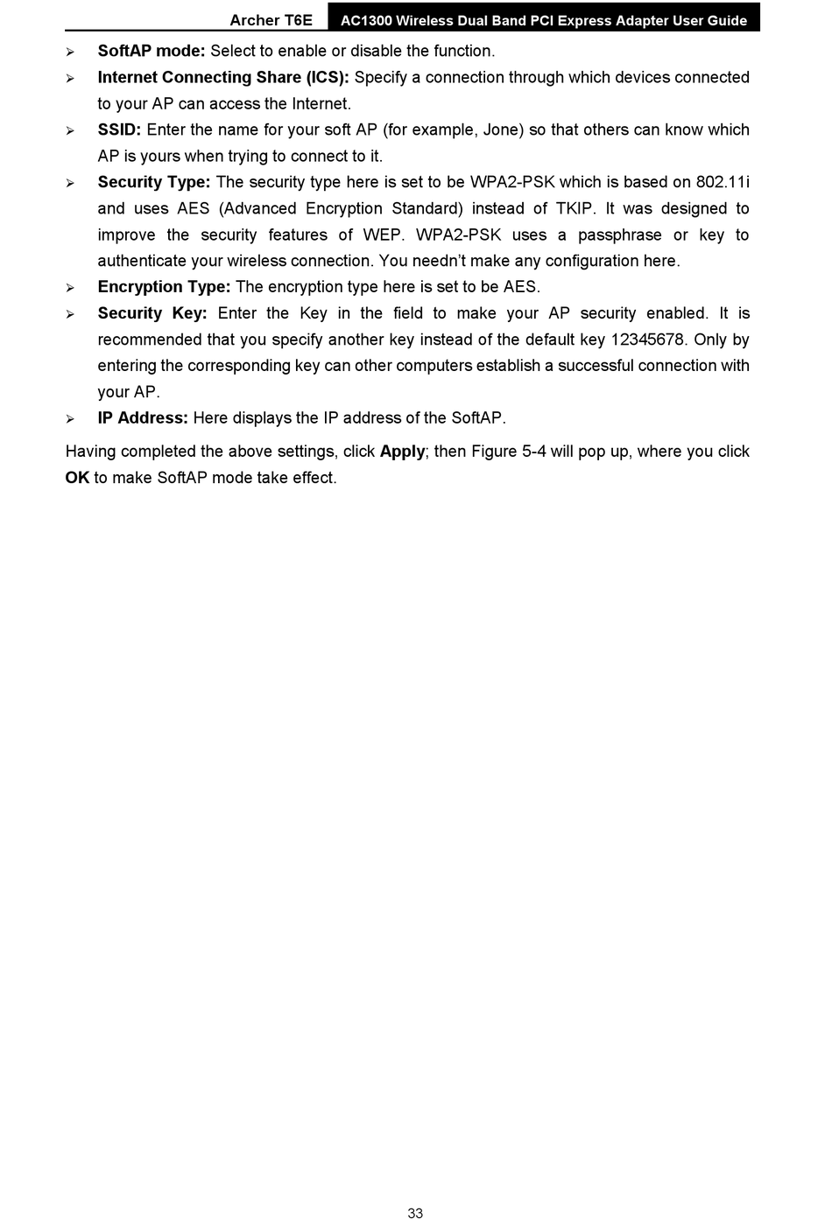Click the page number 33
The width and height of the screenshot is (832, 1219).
(x=415, y=1213)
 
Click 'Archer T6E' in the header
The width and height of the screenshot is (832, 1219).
(x=271, y=20)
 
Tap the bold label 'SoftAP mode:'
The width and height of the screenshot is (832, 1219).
(x=152, y=52)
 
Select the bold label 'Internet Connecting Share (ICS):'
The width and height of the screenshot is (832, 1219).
(x=223, y=78)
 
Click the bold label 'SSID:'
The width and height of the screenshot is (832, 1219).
(x=119, y=130)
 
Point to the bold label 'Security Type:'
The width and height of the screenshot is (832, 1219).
(x=154, y=183)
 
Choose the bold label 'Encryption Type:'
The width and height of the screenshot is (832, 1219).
(x=164, y=287)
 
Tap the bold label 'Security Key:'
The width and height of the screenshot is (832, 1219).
(x=152, y=313)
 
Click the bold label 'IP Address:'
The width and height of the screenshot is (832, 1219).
(x=143, y=418)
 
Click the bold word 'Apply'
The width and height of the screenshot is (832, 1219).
(x=402, y=452)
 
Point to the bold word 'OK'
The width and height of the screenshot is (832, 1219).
(x=77, y=478)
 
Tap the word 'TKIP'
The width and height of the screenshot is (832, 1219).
(x=575, y=209)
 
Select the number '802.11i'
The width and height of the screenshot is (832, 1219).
(x=723, y=183)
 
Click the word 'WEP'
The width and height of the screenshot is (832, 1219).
(x=383, y=235)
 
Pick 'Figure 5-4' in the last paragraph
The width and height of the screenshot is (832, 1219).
(x=509, y=452)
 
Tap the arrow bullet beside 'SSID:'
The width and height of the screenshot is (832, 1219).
(x=70, y=131)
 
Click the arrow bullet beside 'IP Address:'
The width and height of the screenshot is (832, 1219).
(x=70, y=419)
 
